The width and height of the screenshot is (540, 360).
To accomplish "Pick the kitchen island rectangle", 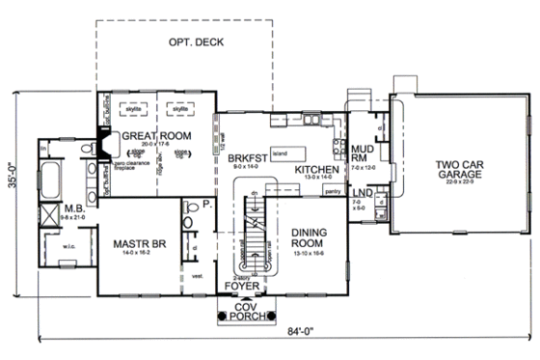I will [x=288, y=152].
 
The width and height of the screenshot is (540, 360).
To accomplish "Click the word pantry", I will [x=336, y=192].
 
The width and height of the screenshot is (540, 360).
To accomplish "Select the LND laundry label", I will [x=360, y=197].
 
